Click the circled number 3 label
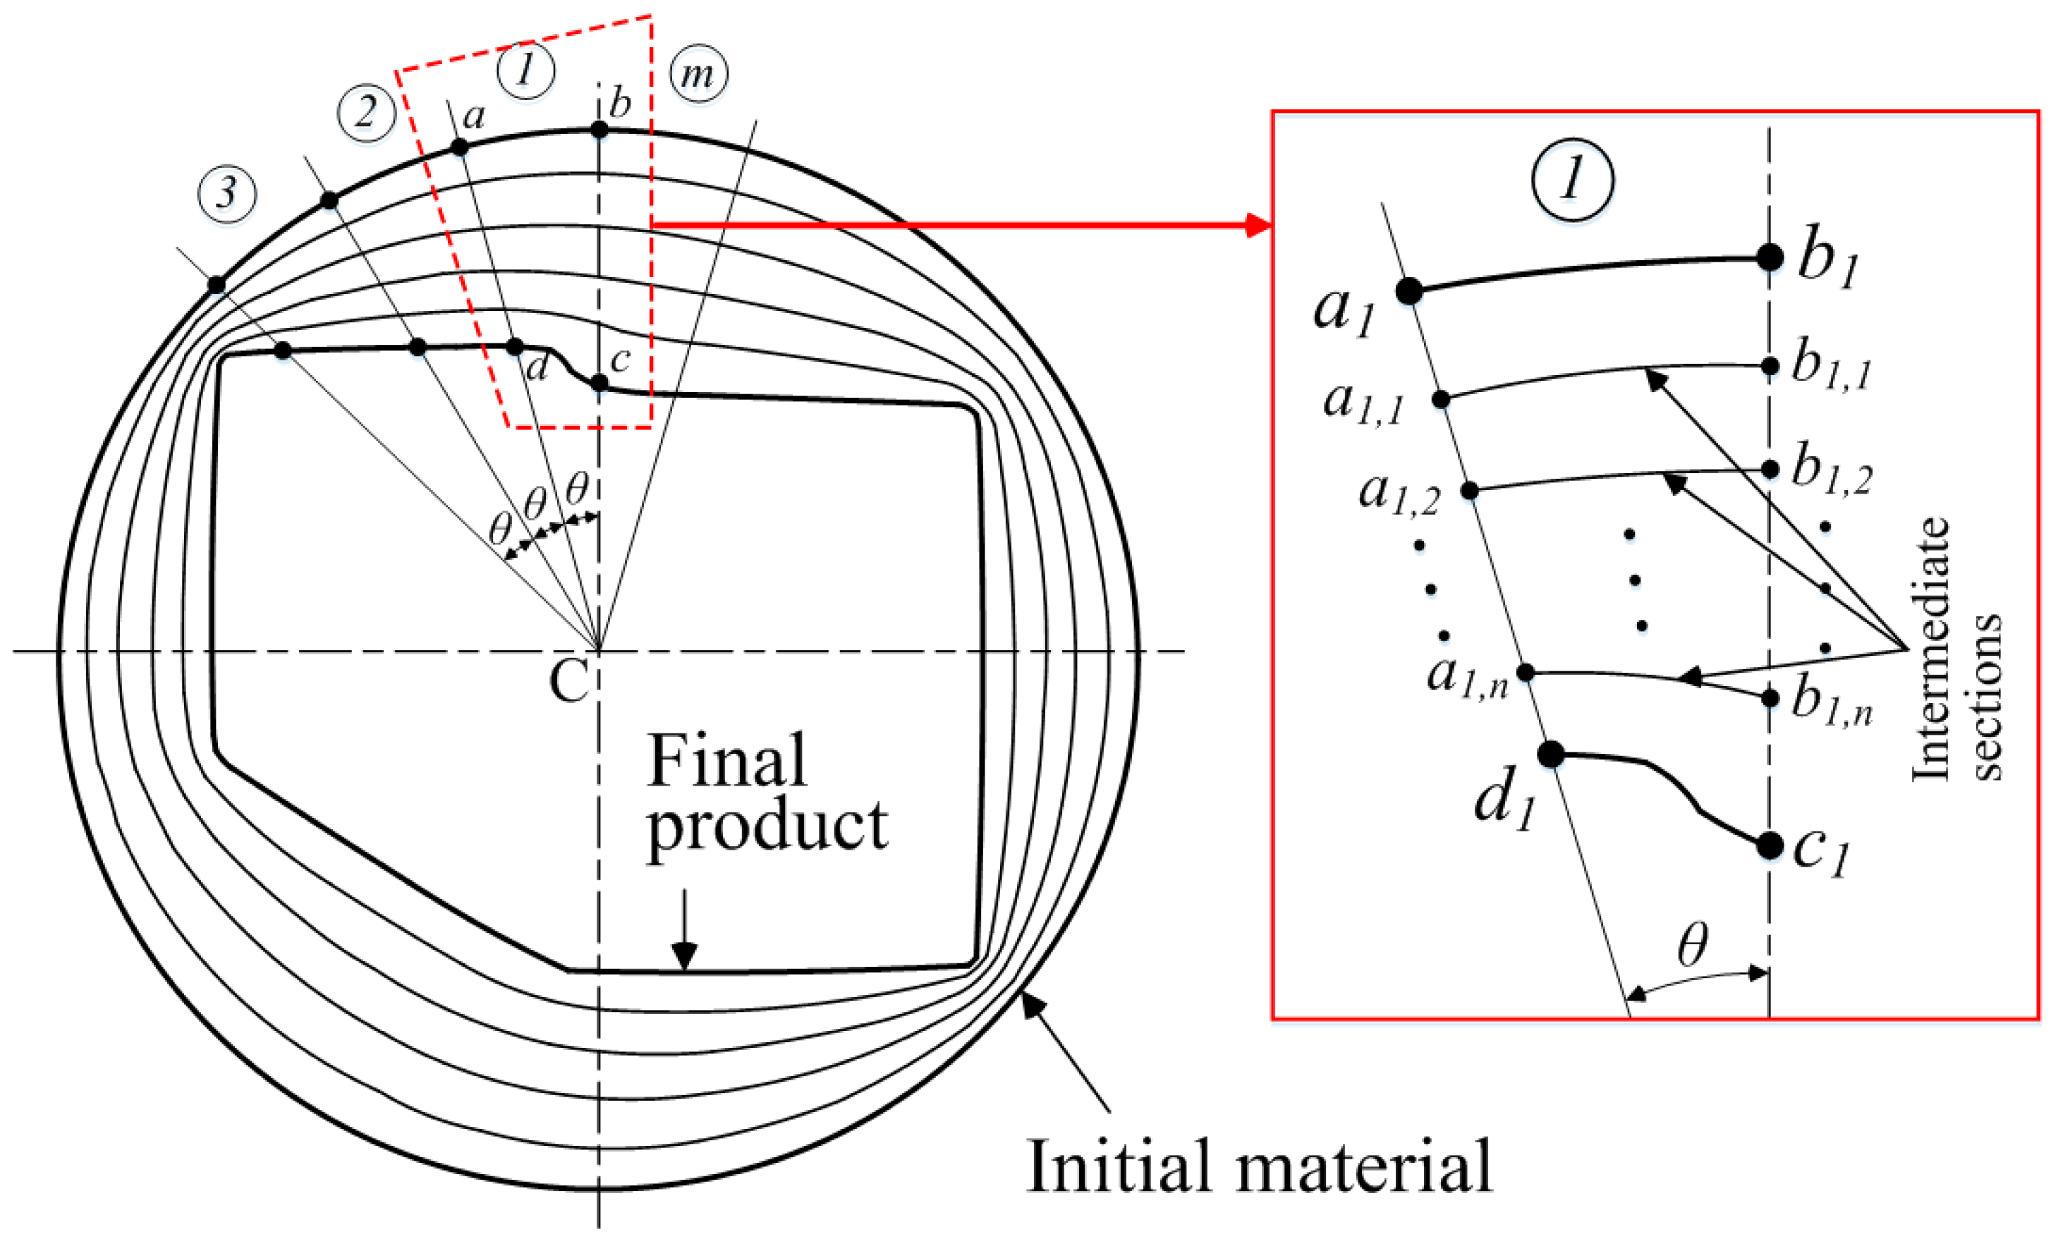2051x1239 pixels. pos(226,194)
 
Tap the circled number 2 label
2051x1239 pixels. pos(366,112)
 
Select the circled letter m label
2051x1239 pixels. pos(698,75)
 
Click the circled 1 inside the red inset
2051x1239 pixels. pos(1572,180)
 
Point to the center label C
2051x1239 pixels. pos(569,680)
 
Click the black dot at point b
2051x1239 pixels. pos(600,130)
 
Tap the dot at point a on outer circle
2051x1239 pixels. pos(459,147)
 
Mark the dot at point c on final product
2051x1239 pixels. pos(600,383)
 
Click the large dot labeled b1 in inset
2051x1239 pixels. pos(1770,257)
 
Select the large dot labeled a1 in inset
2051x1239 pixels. pos(1408,291)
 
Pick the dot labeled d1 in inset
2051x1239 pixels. pos(1550,755)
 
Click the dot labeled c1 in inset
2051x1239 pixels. pos(1770,846)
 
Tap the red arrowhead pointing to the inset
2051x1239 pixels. pos(1258,225)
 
